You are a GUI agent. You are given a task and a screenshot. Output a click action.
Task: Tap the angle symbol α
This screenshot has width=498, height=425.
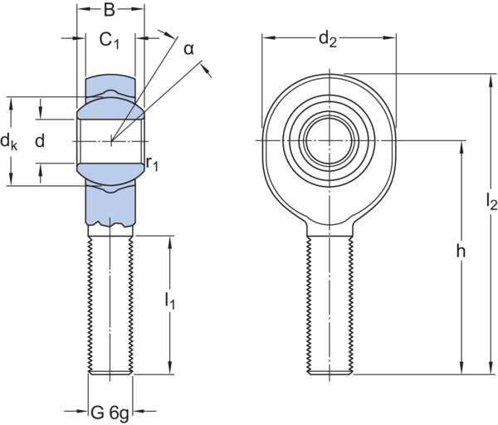189,49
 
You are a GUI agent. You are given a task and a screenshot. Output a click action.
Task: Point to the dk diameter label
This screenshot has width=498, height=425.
9,142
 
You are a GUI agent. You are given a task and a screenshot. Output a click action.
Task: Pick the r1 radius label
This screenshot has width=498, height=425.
153,164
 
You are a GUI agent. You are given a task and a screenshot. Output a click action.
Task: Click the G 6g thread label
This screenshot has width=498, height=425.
110,410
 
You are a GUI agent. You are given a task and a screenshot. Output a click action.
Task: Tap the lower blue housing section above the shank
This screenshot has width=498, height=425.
110,199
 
